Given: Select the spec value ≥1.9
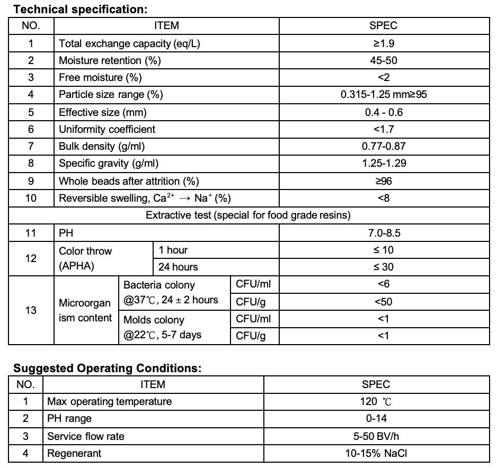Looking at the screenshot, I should tap(384, 43).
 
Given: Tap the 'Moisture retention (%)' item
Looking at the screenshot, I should tap(110, 60).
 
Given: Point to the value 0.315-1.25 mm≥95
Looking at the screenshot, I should tap(384, 95).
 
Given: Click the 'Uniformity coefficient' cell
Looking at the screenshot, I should tap(107, 129).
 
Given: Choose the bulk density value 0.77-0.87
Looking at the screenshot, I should tap(384, 146).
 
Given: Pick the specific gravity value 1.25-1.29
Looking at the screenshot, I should tap(384, 163).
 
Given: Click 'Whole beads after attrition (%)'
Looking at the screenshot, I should tap(129, 181).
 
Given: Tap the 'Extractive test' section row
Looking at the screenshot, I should tap(248, 215).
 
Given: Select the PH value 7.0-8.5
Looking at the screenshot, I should tap(384, 232).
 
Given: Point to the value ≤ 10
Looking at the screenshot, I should tap(384, 249).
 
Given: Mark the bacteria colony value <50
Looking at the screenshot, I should tap(384, 302).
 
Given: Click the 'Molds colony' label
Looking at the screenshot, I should tap(154, 320).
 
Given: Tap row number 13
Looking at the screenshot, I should tap(31, 310).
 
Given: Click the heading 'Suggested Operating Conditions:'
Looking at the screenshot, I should tap(107, 368).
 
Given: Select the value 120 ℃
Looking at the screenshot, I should tap(376, 401).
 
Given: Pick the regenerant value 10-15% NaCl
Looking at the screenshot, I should tap(376, 453).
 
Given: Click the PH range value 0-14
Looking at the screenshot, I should tap(376, 419).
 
